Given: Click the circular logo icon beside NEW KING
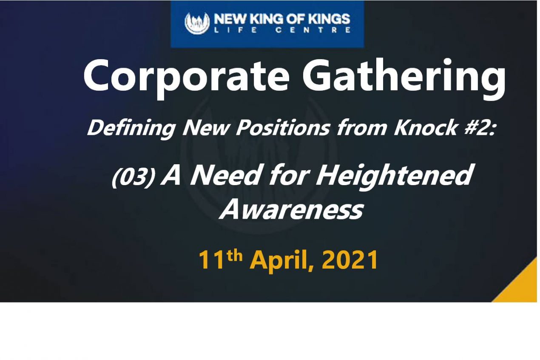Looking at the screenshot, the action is point(197,23).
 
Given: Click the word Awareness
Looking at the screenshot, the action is point(291,209).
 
